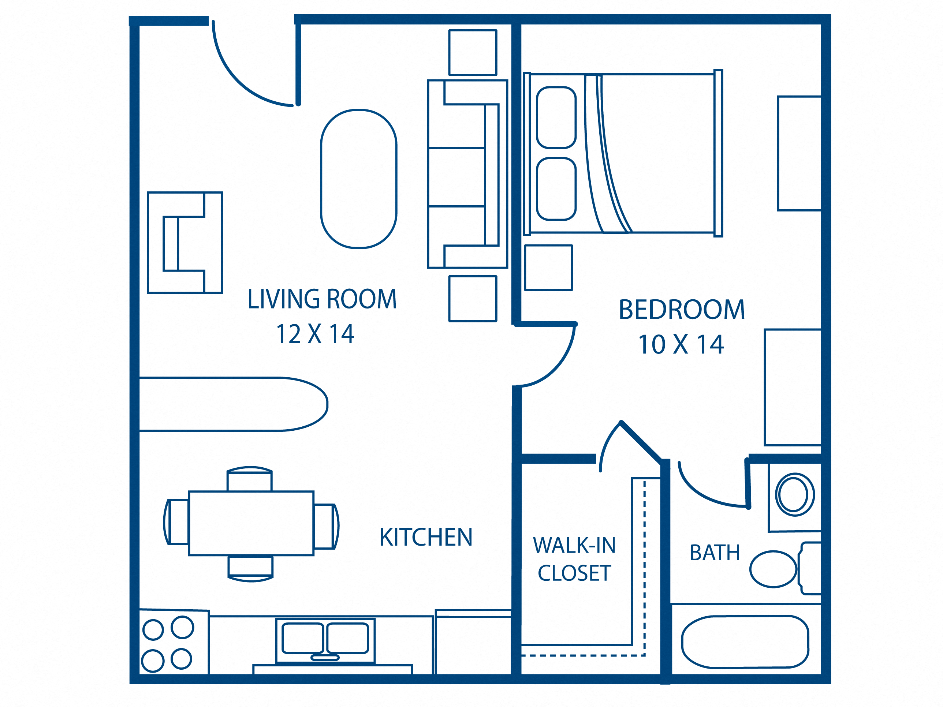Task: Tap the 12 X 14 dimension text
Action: point(315,334)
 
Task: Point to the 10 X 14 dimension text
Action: point(681,344)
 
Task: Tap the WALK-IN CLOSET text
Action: point(574,559)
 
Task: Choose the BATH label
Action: point(715,553)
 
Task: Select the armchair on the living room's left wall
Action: point(185,243)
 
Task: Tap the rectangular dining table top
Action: point(251,523)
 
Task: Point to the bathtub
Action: point(745,642)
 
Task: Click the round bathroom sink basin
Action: point(795,495)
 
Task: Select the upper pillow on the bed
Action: point(556,117)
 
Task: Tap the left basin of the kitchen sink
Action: point(303,638)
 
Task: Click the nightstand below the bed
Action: point(549,268)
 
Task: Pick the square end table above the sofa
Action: point(473,52)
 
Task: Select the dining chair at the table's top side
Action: point(250,479)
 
